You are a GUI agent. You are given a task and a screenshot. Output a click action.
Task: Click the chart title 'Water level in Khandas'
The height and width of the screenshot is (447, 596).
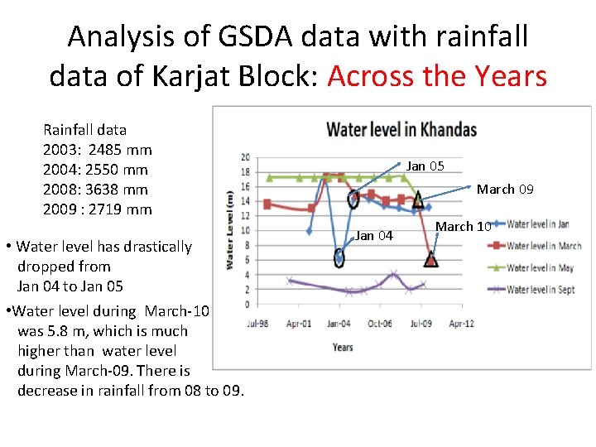pos(401,129)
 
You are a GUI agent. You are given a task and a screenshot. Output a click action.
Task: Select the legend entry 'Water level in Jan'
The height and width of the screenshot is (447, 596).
pos(539,223)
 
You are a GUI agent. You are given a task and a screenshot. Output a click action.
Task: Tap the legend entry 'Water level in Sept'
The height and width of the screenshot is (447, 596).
pos(541,289)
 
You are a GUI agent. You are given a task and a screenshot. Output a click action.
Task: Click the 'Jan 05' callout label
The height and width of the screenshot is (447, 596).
pos(425,166)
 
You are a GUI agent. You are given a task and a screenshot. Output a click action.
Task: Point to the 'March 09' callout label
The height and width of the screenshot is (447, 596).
pos(505,189)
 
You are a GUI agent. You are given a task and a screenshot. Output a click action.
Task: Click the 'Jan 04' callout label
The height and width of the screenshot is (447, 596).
pos(374,236)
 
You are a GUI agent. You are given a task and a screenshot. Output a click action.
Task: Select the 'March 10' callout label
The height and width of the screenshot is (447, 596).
pos(464,226)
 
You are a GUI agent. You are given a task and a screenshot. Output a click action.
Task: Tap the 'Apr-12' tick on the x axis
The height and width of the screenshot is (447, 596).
pos(461,323)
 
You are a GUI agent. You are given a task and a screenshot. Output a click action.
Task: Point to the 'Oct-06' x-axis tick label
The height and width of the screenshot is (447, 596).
pos(379,323)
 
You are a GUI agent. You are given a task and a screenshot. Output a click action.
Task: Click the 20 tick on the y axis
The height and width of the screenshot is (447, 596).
pos(245,157)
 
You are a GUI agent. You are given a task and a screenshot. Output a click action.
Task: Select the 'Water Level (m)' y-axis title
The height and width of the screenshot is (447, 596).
pos(229,229)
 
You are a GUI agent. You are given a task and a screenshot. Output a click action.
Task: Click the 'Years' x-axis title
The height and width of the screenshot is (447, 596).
pos(343,347)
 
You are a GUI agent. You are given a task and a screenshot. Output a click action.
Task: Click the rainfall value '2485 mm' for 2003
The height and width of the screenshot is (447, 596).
pos(120,150)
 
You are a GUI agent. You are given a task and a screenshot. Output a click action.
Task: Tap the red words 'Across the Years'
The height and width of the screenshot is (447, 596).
pos(437,76)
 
